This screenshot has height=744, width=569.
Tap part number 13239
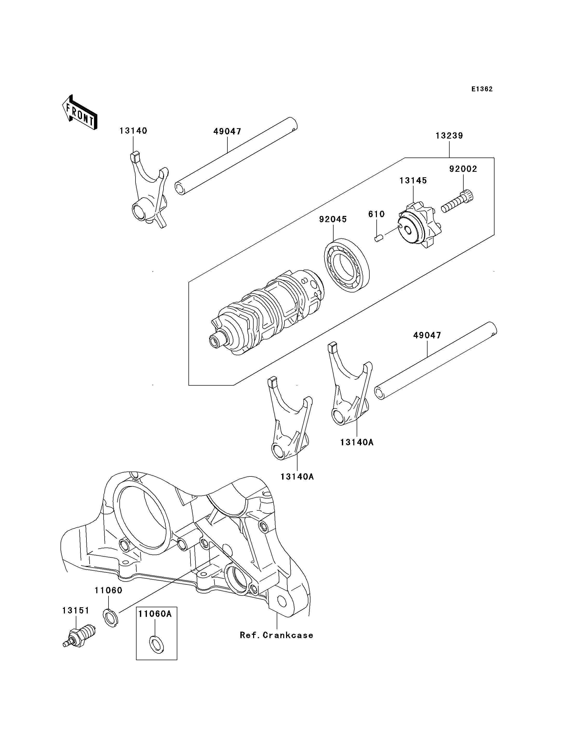(449, 136)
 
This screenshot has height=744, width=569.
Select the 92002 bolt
(457, 201)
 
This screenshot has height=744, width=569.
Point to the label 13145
(413, 181)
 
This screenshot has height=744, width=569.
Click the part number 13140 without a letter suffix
(133, 131)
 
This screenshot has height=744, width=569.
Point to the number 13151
(76, 610)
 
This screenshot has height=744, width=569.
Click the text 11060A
(155, 614)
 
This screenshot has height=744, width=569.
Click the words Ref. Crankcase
(276, 635)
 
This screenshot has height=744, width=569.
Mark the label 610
(376, 214)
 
